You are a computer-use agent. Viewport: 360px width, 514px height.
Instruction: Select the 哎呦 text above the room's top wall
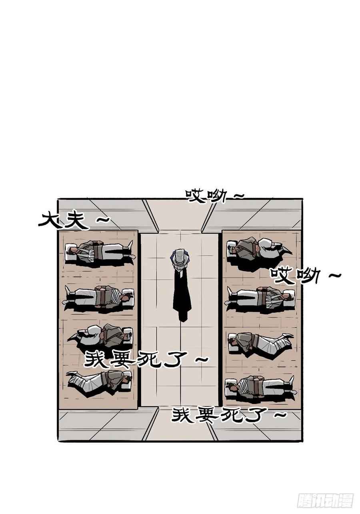click(x=206, y=195)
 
